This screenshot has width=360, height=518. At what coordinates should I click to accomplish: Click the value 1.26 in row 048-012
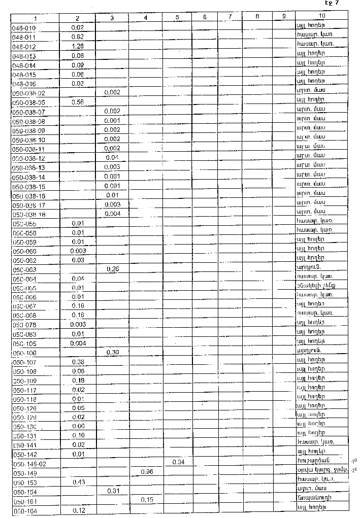tap(78, 46)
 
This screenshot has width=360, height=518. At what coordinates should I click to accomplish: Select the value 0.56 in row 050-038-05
tap(78, 102)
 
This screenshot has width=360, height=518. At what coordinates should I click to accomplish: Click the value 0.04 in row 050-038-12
tap(112, 158)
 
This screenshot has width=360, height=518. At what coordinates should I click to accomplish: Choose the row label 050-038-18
tap(28, 214)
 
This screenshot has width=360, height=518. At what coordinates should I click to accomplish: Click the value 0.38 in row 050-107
tap(78, 362)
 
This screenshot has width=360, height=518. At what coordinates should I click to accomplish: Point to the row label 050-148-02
tap(28, 464)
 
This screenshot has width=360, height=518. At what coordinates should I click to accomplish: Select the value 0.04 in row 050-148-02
tap(178, 463)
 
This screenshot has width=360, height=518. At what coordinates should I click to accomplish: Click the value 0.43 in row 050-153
tap(78, 481)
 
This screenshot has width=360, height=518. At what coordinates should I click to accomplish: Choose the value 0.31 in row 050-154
tap(112, 491)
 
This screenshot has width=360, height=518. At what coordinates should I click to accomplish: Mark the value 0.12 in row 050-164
tap(78, 509)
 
